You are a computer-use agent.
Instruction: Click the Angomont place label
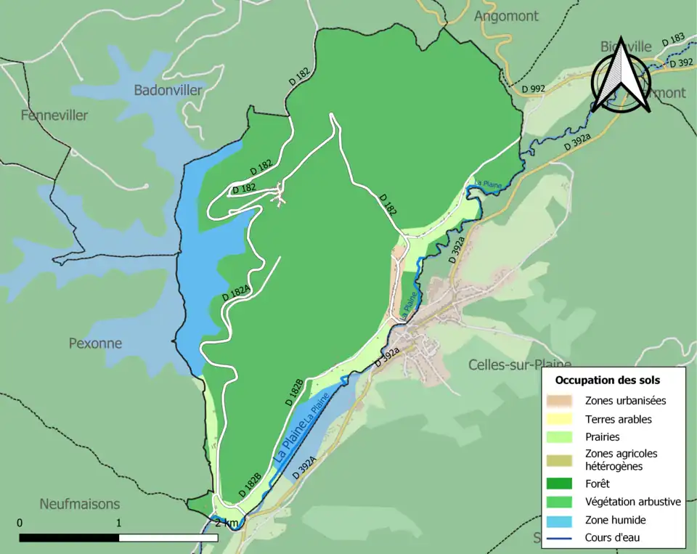pos(506,16)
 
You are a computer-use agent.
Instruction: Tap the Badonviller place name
pos(168,90)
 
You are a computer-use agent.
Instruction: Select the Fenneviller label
pos(54,115)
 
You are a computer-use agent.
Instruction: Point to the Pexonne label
pos(95,343)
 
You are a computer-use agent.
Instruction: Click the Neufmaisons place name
pos(80,504)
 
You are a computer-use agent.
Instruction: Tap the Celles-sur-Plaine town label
pos(520,364)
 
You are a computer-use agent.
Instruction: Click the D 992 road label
pos(533,89)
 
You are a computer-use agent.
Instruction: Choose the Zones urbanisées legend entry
pos(625,400)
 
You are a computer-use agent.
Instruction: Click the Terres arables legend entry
pos(618,419)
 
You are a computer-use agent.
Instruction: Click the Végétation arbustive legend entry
pos(632,501)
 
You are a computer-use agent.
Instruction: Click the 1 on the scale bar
pos(118,523)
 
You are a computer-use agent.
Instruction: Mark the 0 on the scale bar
pos(20,523)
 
